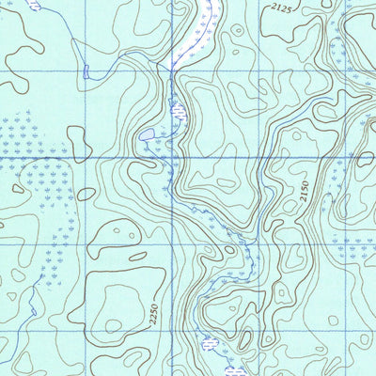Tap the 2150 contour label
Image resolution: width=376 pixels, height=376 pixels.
point(304,194)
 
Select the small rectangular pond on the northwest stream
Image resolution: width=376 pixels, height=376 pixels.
point(86,71)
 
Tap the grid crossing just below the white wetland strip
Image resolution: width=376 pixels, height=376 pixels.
point(174,69)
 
